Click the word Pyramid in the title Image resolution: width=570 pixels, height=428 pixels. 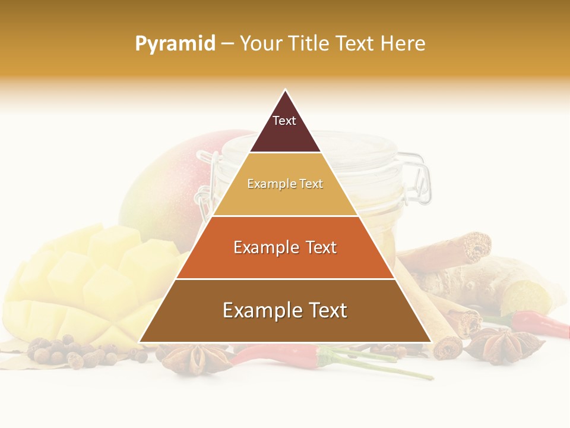tap(175, 44)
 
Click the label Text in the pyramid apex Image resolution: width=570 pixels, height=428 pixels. tap(284, 121)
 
